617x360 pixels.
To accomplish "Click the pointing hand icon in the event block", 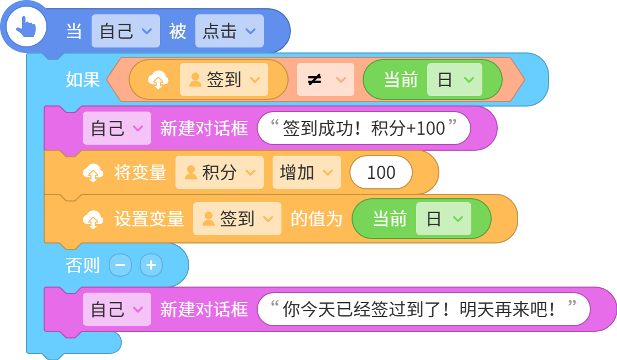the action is (x=26, y=27).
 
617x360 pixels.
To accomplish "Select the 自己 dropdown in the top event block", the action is (x=125, y=31).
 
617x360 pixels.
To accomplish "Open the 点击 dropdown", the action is (x=230, y=31).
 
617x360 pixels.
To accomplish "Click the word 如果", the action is (x=83, y=80).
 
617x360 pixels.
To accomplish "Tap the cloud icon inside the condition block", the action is (x=158, y=80).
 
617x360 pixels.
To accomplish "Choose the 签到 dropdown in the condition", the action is (x=224, y=80).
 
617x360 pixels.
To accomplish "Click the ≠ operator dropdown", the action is (x=326, y=80).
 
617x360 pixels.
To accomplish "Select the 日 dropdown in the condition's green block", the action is (x=455, y=80).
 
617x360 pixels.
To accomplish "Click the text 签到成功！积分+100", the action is (x=364, y=129).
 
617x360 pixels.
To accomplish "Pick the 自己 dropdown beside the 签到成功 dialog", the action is (x=116, y=129).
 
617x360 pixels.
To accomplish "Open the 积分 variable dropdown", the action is (x=220, y=172).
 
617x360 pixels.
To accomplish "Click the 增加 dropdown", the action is (x=306, y=172).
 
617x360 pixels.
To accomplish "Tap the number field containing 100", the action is (x=381, y=172).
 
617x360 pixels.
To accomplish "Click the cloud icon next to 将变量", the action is (x=93, y=172).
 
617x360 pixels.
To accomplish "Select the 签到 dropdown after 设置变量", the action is (x=237, y=219).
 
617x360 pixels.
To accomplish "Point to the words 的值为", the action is (x=316, y=219).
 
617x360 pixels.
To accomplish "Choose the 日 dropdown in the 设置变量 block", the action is (x=444, y=219).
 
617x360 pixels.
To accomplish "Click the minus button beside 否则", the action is (x=120, y=265).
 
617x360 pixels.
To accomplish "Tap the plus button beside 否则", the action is (x=151, y=265).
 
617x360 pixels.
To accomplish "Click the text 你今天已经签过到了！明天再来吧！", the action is (x=419, y=309).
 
